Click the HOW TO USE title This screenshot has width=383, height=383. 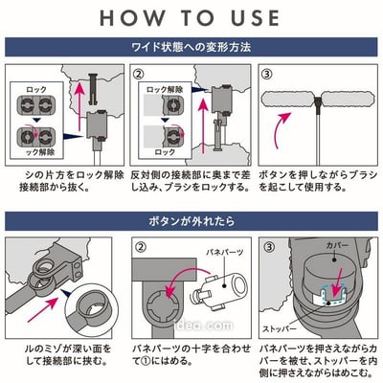pos(191,18)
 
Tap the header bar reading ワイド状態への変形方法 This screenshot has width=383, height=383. pos(191,46)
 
